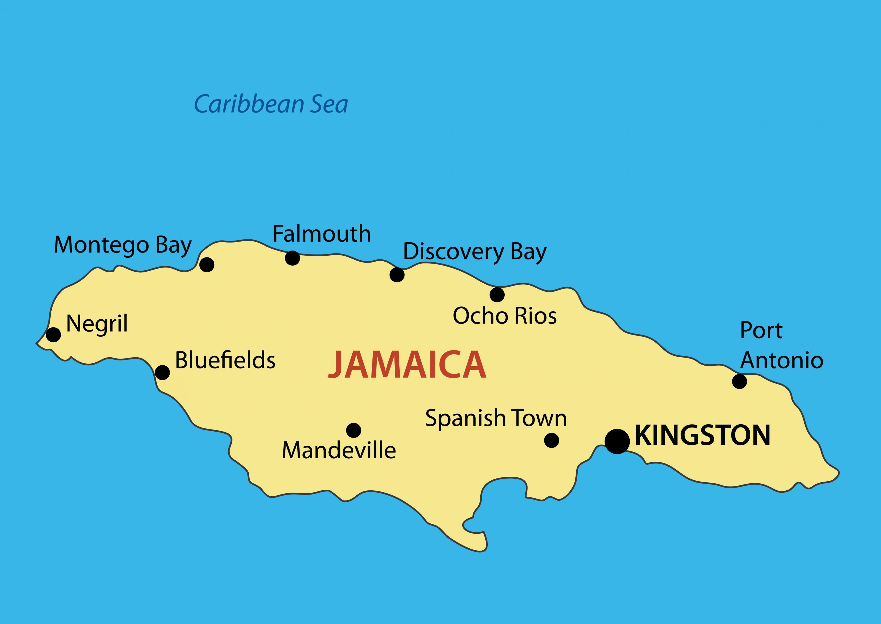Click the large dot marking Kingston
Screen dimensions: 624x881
pos(617,441)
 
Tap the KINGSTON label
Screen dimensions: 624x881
pos(702,436)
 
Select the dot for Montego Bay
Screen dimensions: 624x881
pos(207,264)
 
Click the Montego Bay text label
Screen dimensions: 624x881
pos(123,245)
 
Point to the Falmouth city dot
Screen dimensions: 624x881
pos(292,258)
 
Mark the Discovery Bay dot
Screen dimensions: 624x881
pos(397,275)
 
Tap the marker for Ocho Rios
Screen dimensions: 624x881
pos(497,295)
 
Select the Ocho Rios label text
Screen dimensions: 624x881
pos(504,316)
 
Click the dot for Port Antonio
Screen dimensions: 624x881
pos(739,381)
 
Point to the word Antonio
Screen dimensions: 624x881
pos(781,360)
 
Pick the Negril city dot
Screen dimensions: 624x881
pos(53,334)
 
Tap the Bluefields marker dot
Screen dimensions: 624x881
pos(162,372)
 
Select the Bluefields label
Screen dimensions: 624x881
pos(225,360)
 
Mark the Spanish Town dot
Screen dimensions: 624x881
pos(551,440)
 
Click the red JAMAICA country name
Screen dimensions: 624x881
pos(407,365)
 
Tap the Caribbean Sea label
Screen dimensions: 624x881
pos(271,104)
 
